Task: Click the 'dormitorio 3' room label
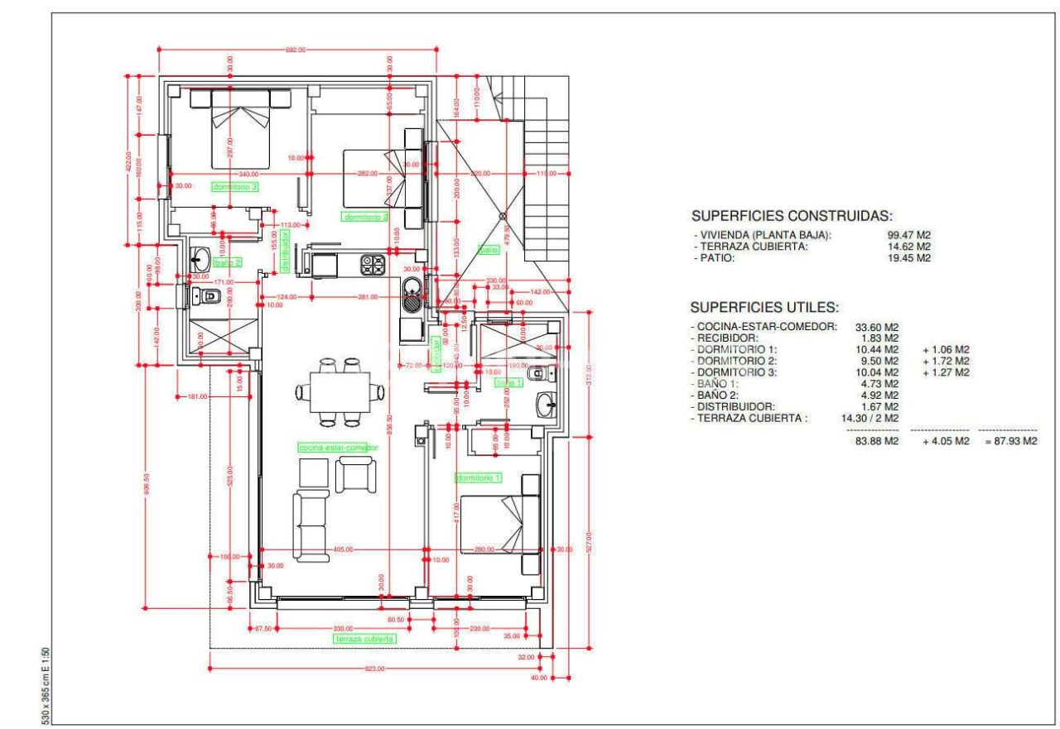(x=235, y=187)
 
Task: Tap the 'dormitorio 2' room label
(x=365, y=217)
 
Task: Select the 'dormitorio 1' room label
(x=479, y=477)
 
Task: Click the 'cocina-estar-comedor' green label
(x=337, y=447)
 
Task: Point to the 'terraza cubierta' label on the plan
(x=364, y=639)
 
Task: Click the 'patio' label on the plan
(x=488, y=249)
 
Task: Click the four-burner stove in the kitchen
(x=373, y=264)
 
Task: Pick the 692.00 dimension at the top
(x=296, y=50)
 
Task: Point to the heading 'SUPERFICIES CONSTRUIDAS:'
(x=792, y=216)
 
